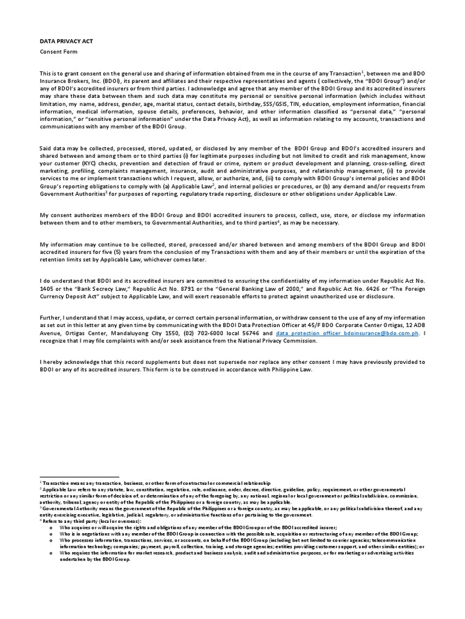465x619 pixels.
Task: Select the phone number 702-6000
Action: click(207, 333)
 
